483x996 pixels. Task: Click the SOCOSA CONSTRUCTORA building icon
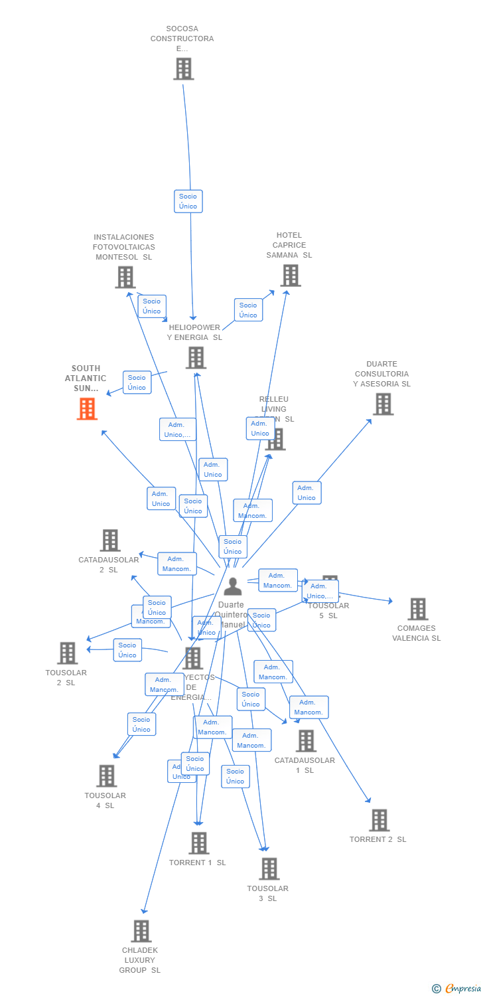click(184, 69)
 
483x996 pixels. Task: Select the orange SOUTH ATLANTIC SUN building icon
click(87, 409)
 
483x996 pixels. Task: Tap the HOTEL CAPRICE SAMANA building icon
click(290, 276)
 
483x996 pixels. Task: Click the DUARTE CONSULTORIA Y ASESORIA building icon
click(383, 404)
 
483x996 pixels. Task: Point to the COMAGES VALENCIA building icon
click(417, 609)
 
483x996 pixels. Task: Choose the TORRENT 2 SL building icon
click(379, 821)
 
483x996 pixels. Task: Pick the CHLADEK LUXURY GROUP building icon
click(141, 932)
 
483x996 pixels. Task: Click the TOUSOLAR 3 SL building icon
click(269, 869)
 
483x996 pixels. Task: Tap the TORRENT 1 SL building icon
click(198, 843)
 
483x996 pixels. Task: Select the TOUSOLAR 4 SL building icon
click(106, 776)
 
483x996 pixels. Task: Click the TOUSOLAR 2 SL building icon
click(67, 653)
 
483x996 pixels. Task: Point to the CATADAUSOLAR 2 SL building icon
click(110, 540)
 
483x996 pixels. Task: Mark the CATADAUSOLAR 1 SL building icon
click(306, 741)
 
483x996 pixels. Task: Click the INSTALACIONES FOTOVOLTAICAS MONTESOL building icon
click(125, 278)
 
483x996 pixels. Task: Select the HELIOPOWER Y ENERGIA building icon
click(196, 358)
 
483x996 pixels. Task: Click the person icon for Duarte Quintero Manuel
click(232, 587)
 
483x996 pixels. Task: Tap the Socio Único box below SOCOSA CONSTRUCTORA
click(188, 201)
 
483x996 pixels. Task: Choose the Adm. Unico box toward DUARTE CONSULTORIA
click(307, 493)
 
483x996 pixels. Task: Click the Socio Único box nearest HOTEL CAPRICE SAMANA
click(248, 310)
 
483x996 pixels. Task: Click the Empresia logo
click(458, 988)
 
